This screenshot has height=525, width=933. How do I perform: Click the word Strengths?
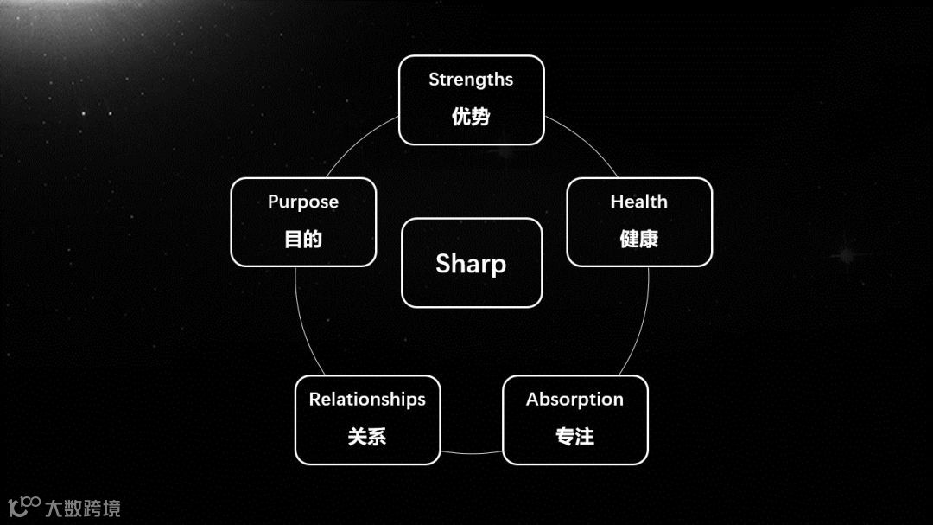click(x=471, y=80)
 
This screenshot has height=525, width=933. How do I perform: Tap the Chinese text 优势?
click(x=471, y=117)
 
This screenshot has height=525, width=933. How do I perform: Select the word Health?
click(x=639, y=202)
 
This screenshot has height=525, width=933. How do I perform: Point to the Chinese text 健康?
click(x=639, y=239)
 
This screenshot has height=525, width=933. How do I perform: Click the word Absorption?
click(x=574, y=400)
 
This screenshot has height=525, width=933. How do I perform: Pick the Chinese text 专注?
click(x=574, y=437)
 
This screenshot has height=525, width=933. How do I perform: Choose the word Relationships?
click(x=367, y=400)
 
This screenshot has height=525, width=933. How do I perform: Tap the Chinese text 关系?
click(x=367, y=437)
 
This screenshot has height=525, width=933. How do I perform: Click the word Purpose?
click(x=303, y=202)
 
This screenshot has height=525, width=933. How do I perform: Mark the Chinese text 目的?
click(x=303, y=239)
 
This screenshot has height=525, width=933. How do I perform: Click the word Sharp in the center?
click(x=471, y=264)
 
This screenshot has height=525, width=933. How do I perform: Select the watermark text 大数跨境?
click(x=83, y=508)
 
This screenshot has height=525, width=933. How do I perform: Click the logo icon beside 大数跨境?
click(x=24, y=505)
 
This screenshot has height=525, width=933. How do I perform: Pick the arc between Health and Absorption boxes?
click(x=645, y=320)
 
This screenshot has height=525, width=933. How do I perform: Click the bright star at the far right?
click(x=844, y=255)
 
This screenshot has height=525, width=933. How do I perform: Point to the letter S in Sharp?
click(x=443, y=264)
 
